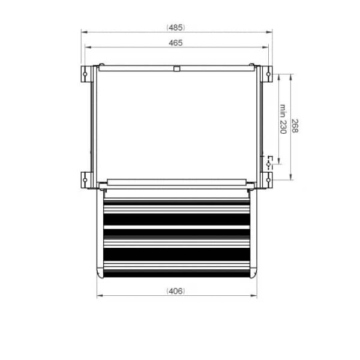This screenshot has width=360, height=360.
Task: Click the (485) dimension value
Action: [176, 27]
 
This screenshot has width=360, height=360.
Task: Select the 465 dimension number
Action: [176, 43]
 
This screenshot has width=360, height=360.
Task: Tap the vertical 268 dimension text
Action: [295, 126]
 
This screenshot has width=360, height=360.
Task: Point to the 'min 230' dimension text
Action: [281, 119]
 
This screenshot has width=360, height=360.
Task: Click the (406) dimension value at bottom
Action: [176, 291]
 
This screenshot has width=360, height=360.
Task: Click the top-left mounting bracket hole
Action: [85, 76]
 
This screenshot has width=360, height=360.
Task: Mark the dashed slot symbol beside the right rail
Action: [269, 161]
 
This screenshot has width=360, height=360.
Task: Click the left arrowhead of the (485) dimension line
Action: [84, 32]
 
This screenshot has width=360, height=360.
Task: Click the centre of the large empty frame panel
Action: [176, 123]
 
